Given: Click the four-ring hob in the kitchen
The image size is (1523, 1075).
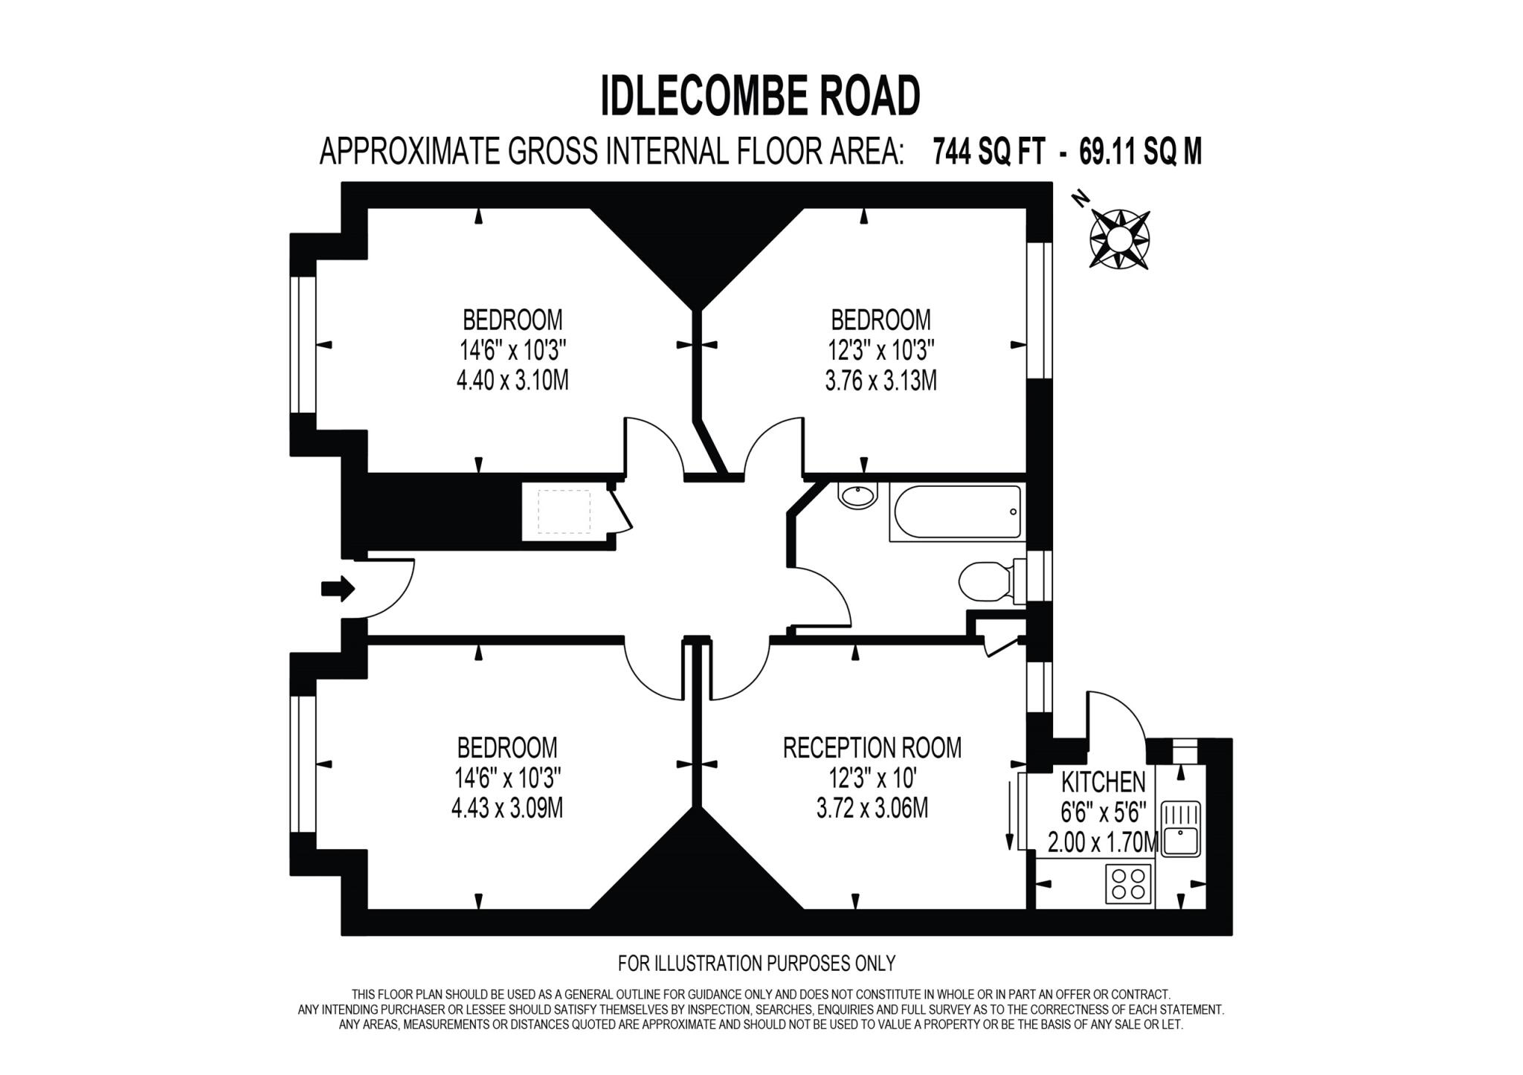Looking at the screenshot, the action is [x=1127, y=883].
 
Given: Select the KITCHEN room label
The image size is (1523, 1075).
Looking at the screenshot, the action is [x=1103, y=782].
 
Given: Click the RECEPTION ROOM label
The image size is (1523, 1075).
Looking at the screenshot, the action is [x=872, y=748].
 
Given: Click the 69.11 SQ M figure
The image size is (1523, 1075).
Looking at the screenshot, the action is [x=1140, y=152].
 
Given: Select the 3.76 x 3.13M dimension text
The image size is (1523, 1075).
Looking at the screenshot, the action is [x=880, y=381].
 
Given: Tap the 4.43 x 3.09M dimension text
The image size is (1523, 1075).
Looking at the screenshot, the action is [x=506, y=808].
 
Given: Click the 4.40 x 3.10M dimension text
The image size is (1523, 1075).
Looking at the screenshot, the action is [x=512, y=381].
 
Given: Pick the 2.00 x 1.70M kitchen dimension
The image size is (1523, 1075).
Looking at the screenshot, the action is [x=1103, y=843].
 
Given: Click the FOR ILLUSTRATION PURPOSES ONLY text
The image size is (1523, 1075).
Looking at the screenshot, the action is [x=756, y=963].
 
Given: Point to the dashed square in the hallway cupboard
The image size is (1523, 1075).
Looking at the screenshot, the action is [x=564, y=511].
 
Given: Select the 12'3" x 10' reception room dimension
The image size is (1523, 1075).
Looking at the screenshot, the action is [x=872, y=778].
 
